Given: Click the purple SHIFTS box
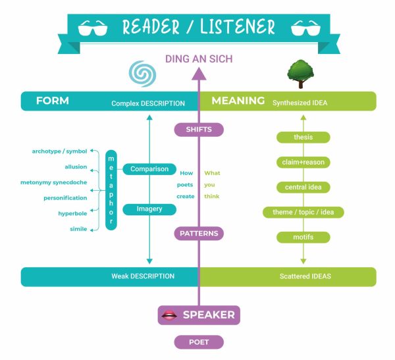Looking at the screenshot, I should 199,130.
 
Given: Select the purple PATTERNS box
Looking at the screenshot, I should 199,233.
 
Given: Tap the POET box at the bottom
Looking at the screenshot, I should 199,342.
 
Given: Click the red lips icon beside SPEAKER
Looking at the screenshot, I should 169,315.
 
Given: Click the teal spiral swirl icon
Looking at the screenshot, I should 140,74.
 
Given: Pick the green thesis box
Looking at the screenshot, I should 303,137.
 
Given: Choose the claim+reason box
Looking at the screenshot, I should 303,162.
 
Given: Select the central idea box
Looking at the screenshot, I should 303,187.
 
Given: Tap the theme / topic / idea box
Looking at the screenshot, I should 303,212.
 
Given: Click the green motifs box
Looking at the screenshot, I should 303,236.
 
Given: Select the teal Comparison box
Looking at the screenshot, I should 149,169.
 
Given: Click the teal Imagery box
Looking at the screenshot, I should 149,209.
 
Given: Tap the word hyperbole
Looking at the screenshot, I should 73,213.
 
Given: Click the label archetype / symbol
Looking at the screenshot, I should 59,151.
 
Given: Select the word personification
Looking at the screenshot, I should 65,197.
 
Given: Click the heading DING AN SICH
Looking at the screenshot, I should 198,59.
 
